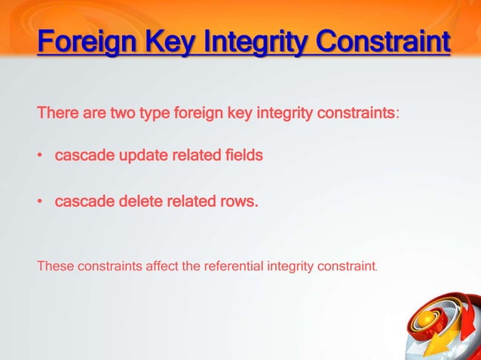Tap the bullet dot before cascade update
(x=40, y=157)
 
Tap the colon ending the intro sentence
(x=398, y=115)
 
